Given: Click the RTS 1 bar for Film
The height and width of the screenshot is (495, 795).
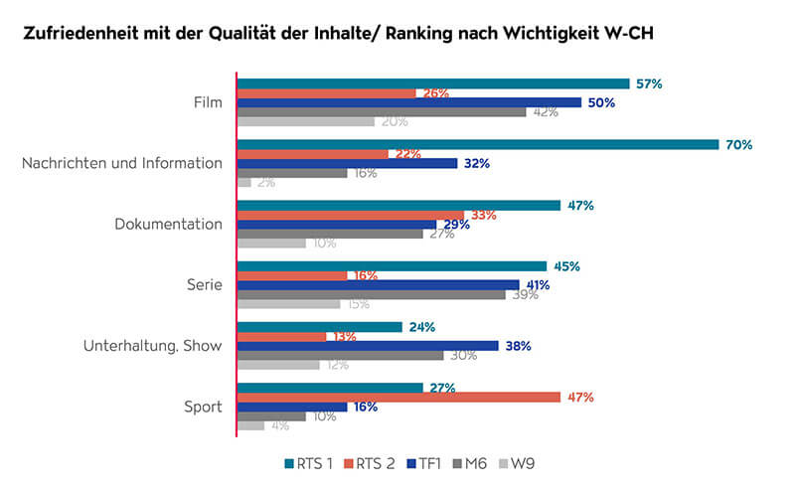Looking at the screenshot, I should [433, 83].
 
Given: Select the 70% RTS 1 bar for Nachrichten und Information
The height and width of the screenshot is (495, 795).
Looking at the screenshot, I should [477, 144].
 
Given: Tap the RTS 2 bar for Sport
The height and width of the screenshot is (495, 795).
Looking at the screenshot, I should [397, 397].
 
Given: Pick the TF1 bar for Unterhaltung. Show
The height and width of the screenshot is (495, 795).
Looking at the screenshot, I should [368, 346].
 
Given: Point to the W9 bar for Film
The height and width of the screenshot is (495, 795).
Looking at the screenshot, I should [306, 121].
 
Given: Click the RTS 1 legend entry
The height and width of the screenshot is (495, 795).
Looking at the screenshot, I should [308, 463].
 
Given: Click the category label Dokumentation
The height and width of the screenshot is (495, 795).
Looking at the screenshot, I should [169, 224].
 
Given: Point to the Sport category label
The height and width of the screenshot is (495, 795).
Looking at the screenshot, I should [205, 407].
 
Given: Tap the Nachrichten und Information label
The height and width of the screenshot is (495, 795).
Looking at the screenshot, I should [122, 163].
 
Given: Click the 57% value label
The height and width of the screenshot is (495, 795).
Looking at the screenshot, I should [649, 83].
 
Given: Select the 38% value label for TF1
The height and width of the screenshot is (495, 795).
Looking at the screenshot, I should [518, 346].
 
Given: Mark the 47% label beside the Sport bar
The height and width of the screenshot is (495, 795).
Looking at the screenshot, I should [580, 397].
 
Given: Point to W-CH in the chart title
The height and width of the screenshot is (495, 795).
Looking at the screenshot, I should [626, 33].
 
